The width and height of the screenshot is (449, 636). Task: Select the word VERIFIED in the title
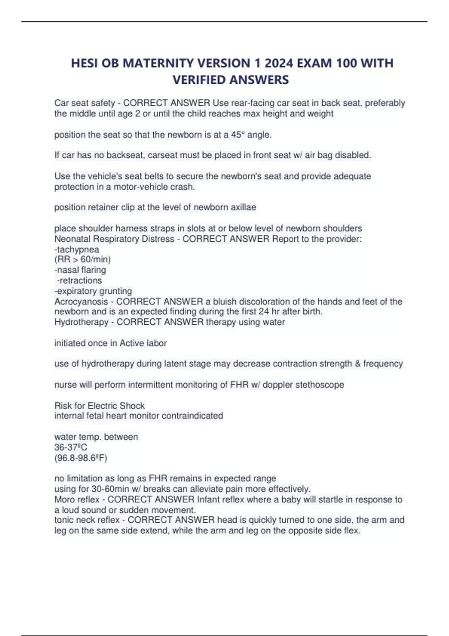[198, 80]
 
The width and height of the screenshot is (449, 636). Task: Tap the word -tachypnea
[77, 249]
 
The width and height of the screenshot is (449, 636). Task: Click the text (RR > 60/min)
[82, 259]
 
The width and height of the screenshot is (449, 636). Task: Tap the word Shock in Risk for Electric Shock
[133, 406]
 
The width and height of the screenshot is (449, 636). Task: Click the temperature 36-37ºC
[71, 447]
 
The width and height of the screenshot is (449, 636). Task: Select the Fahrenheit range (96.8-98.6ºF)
[81, 458]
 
